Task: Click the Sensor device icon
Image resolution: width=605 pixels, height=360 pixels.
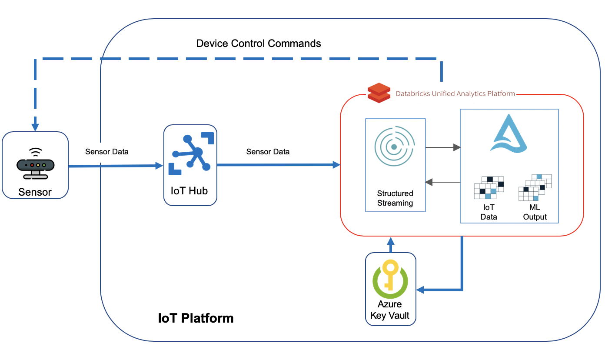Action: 35,164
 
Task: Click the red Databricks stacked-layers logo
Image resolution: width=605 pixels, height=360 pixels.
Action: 379,92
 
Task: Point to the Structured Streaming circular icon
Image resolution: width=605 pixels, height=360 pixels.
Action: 395,147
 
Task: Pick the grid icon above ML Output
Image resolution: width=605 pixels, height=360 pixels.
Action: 535,187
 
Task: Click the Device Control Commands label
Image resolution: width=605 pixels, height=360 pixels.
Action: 259,43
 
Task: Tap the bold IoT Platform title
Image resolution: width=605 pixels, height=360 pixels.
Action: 196,318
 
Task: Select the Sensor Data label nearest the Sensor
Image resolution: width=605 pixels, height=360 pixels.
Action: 107,152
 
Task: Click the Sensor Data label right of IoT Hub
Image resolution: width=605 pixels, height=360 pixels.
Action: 268,152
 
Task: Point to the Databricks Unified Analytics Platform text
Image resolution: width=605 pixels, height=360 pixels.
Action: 455,93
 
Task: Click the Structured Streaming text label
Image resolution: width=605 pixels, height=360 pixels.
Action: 395,198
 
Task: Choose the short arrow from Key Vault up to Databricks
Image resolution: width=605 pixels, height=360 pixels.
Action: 391,244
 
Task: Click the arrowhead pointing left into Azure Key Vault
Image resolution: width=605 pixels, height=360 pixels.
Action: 420,290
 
